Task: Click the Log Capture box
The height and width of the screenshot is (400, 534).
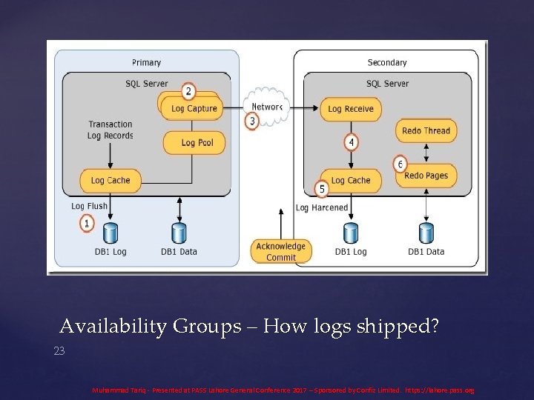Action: coord(194,109)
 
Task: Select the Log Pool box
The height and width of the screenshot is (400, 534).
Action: coord(197,142)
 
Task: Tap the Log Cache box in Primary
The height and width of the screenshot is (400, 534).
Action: coord(110,180)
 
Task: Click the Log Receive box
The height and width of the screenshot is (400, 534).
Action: coord(350,109)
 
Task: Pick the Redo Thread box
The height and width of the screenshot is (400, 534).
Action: coord(426,131)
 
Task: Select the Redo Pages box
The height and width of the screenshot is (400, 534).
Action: coord(426,176)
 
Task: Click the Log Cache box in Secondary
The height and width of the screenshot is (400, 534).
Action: coord(350,180)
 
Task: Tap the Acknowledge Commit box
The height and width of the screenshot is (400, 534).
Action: coord(280,252)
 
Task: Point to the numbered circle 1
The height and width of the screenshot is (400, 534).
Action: coord(88,222)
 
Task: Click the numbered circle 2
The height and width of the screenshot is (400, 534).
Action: coord(188,92)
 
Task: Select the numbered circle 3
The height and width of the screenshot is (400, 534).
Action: coord(252,121)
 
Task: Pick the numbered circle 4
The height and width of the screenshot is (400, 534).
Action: coord(351,141)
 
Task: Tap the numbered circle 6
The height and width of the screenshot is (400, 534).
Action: coord(400,164)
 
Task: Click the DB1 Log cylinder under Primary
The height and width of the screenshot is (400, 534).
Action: coord(111,233)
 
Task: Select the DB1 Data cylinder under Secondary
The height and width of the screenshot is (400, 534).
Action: coord(426,233)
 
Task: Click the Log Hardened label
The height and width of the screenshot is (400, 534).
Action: coord(321,208)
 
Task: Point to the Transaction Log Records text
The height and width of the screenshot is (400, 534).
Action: coord(111,130)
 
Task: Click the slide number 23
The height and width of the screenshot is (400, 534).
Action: coord(59,351)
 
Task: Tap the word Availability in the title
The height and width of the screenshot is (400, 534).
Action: coord(113,326)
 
